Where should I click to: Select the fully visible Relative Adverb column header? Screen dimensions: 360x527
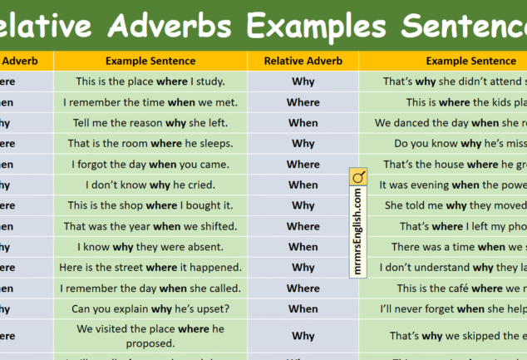pyautogui.click(x=303, y=61)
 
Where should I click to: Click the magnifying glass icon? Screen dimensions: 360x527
pyautogui.click(x=358, y=177)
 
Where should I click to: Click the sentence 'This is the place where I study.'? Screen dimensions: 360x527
pyautogui.click(x=150, y=81)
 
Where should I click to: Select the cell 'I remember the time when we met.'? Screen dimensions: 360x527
pyautogui.click(x=150, y=102)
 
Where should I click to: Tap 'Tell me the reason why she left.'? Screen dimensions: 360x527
pyautogui.click(x=150, y=123)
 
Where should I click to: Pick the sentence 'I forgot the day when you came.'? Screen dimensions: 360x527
pyautogui.click(x=150, y=165)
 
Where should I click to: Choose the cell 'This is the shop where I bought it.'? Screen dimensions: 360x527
pyautogui.click(x=150, y=205)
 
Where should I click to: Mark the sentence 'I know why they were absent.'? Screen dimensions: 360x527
pyautogui.click(x=150, y=247)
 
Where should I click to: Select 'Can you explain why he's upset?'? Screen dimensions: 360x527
pyautogui.click(x=150, y=309)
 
